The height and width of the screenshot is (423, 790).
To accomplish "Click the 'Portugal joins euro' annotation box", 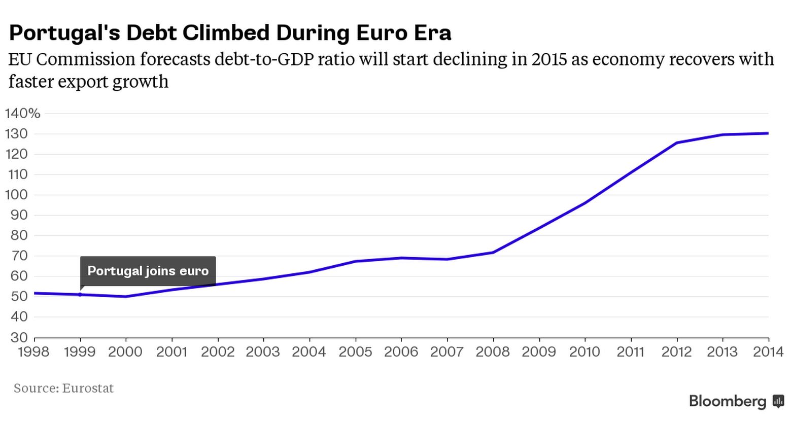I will (148, 271).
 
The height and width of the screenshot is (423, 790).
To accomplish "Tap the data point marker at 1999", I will (80, 294).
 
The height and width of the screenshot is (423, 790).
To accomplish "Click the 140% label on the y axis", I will (23, 114).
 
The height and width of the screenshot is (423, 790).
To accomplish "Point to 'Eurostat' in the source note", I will (88, 389).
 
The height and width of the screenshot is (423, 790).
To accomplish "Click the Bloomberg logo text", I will (728, 402).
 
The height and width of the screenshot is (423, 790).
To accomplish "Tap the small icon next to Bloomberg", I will (778, 402).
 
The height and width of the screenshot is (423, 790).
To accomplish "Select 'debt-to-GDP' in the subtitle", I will (264, 60).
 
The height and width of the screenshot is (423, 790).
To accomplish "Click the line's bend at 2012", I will (676, 143).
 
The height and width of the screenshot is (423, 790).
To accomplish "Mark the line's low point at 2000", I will (126, 297).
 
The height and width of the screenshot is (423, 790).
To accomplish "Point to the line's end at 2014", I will (768, 133).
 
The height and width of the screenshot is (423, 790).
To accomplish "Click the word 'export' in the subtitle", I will (89, 81).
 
